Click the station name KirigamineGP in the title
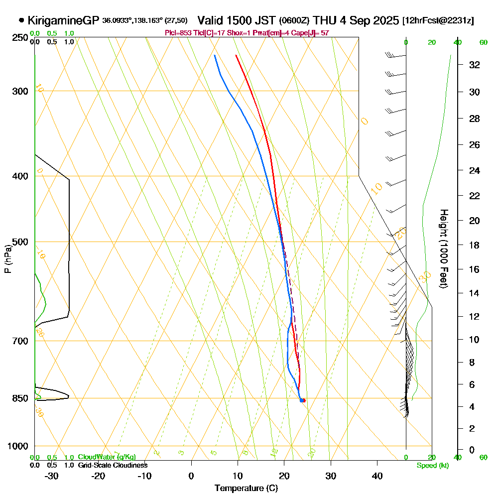63,20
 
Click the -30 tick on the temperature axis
52,476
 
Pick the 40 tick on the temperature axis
377,476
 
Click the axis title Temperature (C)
246,489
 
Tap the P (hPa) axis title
7,259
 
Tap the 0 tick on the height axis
472,450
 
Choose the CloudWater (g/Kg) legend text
106,457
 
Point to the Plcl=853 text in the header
177,33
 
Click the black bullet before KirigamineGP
21,20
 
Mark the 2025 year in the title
385,20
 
